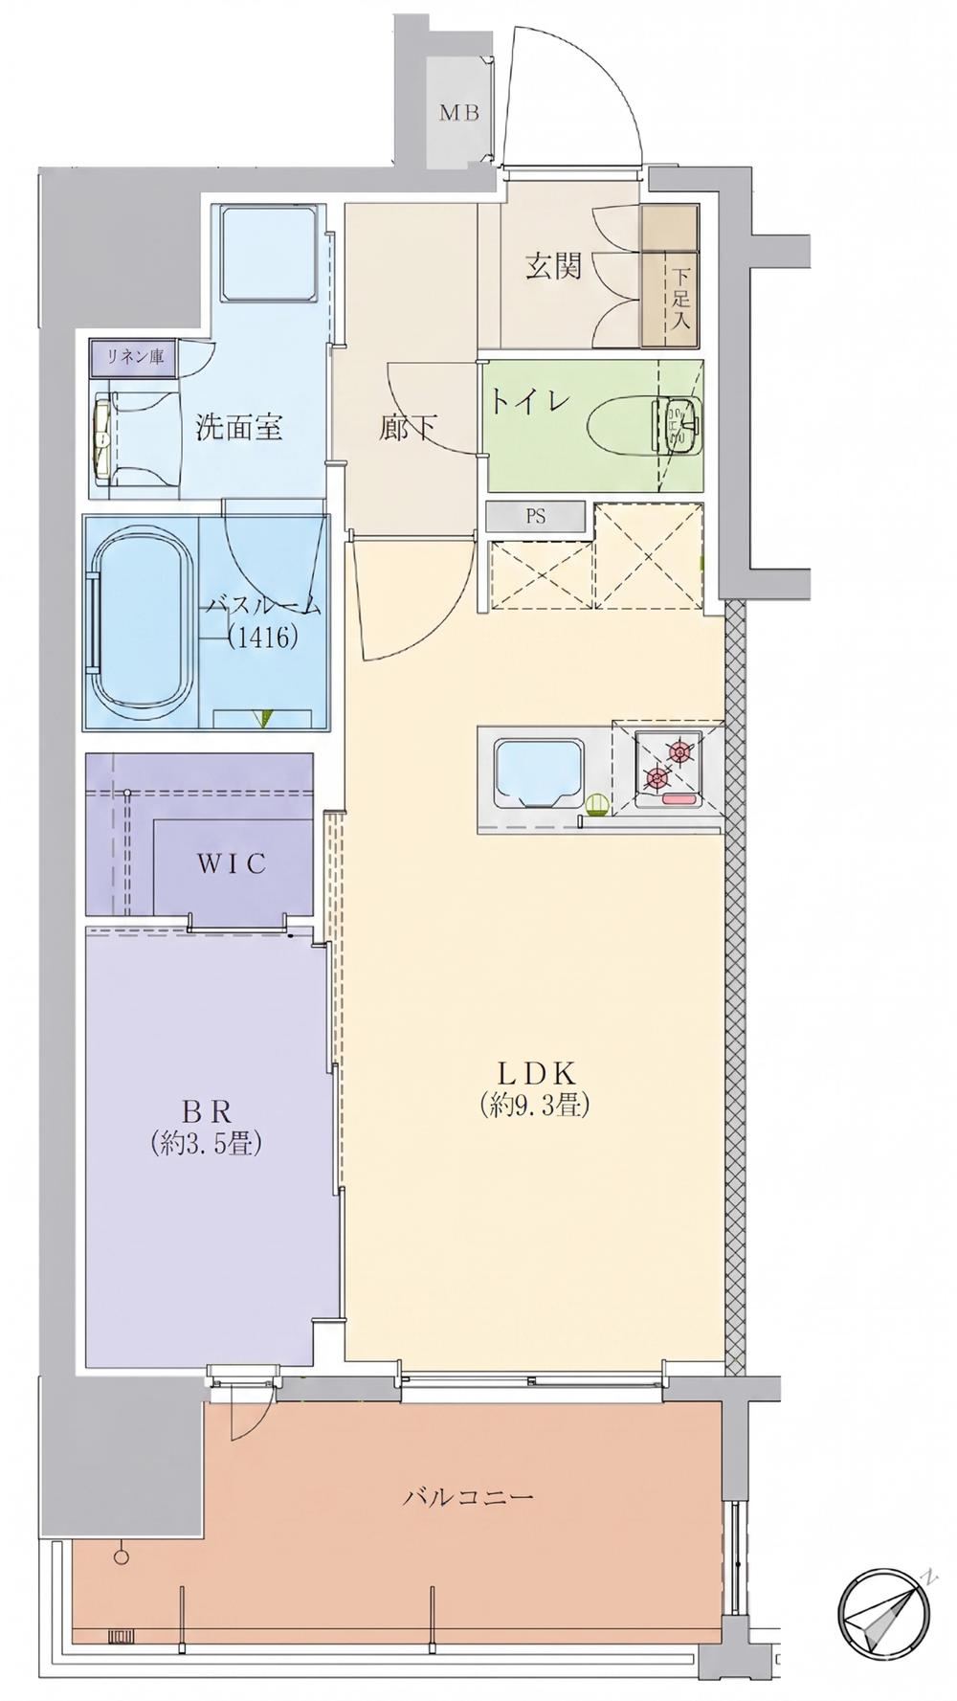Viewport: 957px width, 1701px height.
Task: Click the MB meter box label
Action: pyautogui.click(x=459, y=113)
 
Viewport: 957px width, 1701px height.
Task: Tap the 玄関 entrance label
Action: pyautogui.click(x=553, y=265)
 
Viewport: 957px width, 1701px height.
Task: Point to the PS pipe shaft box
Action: pyautogui.click(x=535, y=517)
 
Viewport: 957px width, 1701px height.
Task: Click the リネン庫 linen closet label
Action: pyautogui.click(x=135, y=357)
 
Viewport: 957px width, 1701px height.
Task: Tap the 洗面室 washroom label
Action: pyautogui.click(x=239, y=427)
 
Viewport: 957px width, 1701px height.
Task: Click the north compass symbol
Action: pyautogui.click(x=885, y=1612)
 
